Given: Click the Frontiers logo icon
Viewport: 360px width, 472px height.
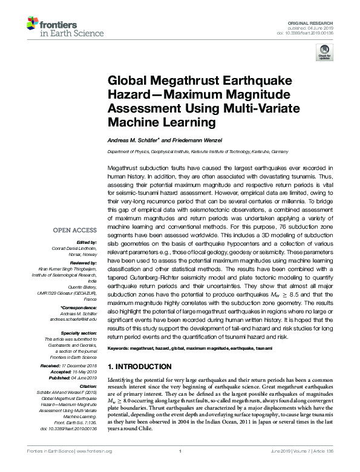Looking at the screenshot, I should click(x=33, y=25).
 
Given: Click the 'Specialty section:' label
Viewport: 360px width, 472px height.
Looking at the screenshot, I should click(x=81, y=333).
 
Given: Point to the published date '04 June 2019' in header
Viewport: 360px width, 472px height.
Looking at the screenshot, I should click(x=320, y=27).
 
